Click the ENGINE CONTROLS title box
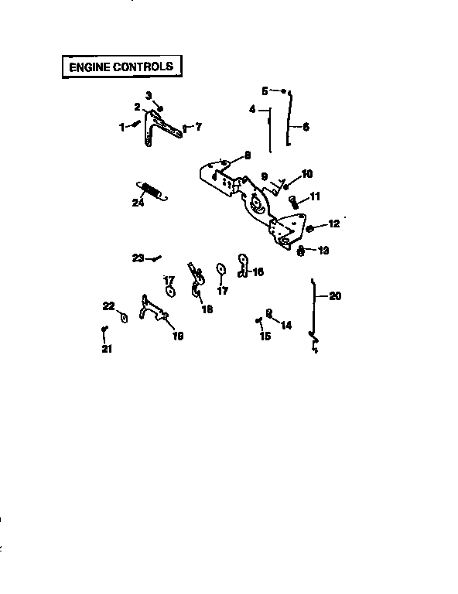(x=121, y=67)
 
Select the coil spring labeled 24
(x=152, y=190)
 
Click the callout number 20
(x=335, y=295)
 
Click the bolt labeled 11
(x=293, y=201)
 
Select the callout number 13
(x=323, y=250)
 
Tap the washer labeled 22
(x=123, y=317)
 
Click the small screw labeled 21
(x=104, y=332)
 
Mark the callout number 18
(x=207, y=309)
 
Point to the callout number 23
(x=137, y=258)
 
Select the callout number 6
(x=306, y=127)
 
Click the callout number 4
(x=252, y=110)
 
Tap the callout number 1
(x=121, y=127)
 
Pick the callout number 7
(x=198, y=126)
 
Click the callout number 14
(x=286, y=326)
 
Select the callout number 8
(x=247, y=155)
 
